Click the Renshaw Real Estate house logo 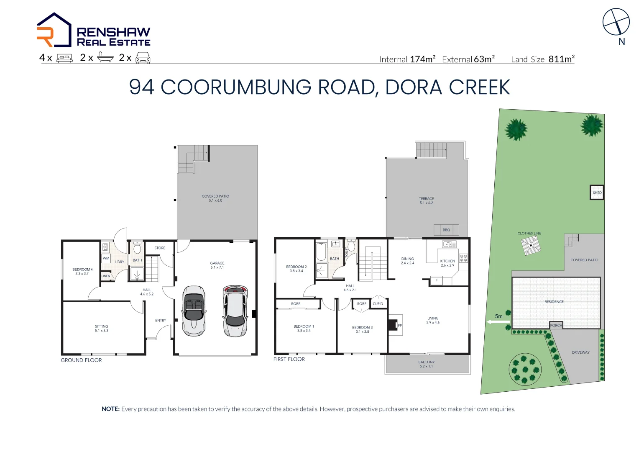[54, 30]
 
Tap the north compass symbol [616, 22]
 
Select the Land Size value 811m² [561, 59]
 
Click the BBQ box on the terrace [446, 230]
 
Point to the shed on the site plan [597, 193]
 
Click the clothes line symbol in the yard [531, 246]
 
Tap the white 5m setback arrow [498, 322]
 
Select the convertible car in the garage [194, 311]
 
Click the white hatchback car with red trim [235, 311]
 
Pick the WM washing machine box [106, 258]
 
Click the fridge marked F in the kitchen [437, 280]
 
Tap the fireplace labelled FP [395, 325]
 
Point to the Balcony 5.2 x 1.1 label [426, 364]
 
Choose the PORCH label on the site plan [556, 325]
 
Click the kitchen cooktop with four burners [463, 258]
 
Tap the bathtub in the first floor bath [321, 252]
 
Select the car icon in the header [143, 58]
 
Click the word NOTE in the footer [111, 409]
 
